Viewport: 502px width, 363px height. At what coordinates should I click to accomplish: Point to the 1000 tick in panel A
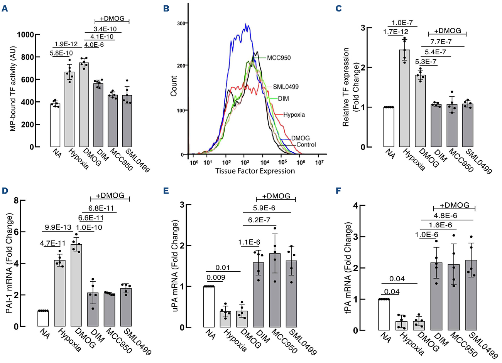pos(24,35)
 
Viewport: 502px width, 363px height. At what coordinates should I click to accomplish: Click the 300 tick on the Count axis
pos(180,23)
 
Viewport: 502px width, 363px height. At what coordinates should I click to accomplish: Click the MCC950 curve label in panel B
pos(279,58)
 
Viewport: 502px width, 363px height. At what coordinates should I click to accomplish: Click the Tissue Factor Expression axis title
pos(255,171)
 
